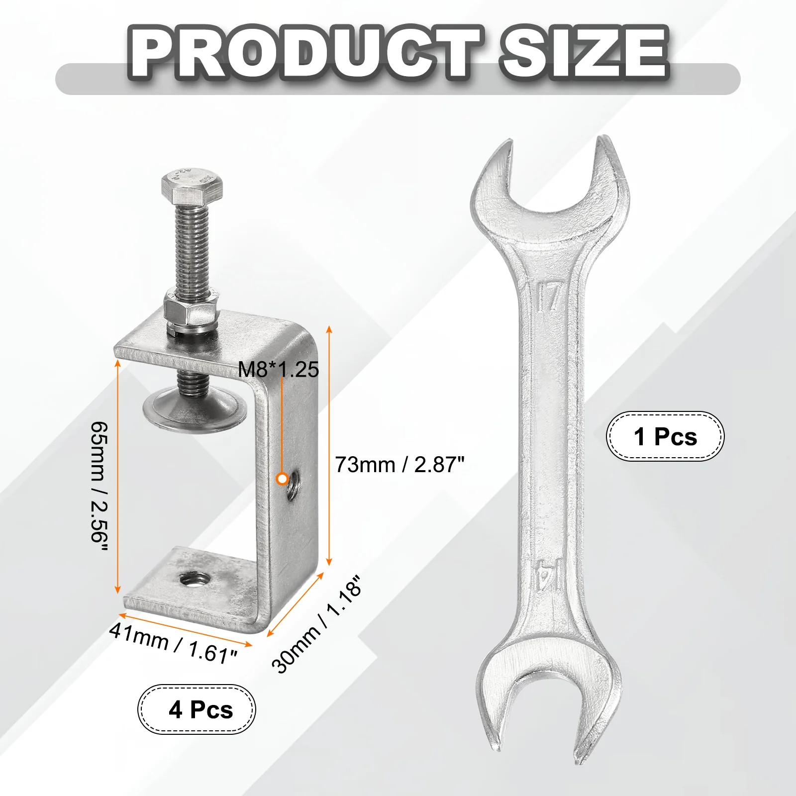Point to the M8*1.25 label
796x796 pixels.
point(278,369)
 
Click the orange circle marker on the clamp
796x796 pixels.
point(283,479)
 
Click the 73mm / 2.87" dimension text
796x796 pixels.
point(399,465)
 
